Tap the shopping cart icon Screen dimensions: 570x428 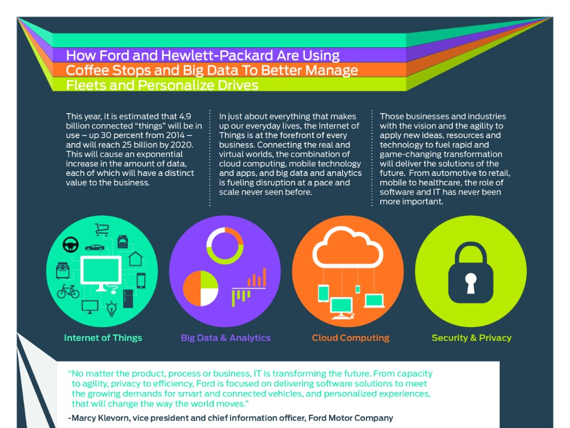(x=102, y=230)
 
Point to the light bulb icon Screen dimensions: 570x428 (x=112, y=309)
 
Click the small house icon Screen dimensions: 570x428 (x=135, y=258)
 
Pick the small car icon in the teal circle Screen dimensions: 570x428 (x=95, y=247)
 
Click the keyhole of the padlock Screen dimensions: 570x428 (x=471, y=282)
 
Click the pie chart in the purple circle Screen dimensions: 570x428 (x=200, y=288)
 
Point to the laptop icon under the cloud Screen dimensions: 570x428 (x=374, y=301)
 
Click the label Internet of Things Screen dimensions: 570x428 (x=103, y=337)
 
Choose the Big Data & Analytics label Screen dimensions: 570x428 (x=225, y=337)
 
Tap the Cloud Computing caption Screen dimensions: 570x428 (x=350, y=337)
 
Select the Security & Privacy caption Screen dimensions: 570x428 (x=471, y=337)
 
